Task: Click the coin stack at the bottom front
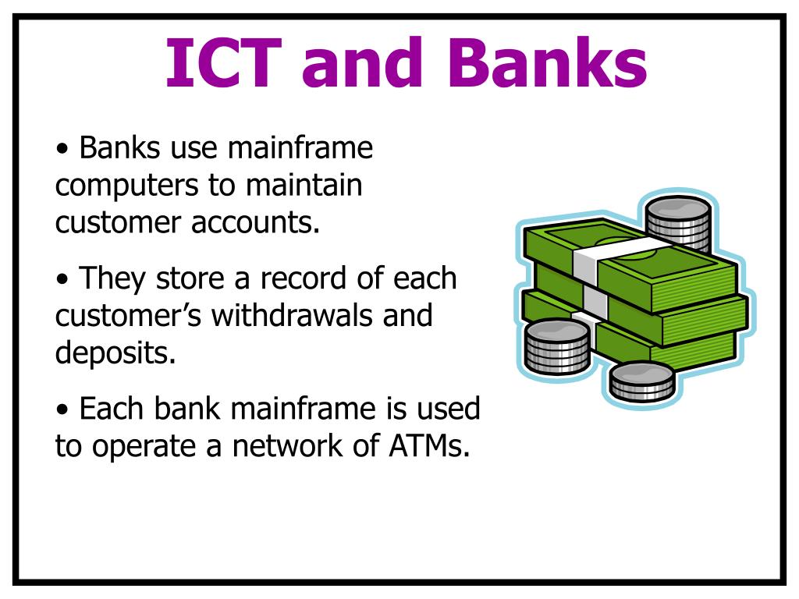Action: pyautogui.click(x=641, y=381)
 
